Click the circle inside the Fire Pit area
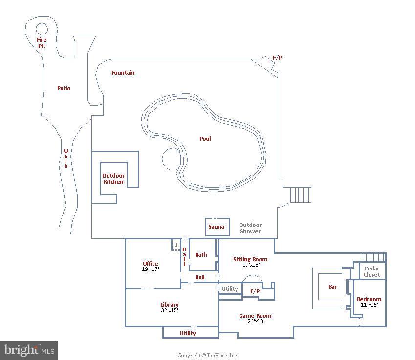coord(42,29)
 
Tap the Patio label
coord(64,88)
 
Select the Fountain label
coord(123,73)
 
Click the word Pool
coord(205,139)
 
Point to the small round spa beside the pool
coord(171,158)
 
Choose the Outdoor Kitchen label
coord(113,179)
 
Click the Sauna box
coord(217,226)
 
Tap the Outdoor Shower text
coord(250,228)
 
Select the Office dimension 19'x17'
coord(151,269)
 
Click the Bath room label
coord(201,255)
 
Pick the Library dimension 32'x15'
coord(170,310)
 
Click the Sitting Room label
coord(250,259)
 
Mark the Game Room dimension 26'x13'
coord(255,322)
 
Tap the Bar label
coord(332,287)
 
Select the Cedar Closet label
coord(371,272)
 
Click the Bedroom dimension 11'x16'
coord(369,305)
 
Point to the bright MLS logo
coord(29,350)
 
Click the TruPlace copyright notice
coord(207,355)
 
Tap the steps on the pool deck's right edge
coord(301,195)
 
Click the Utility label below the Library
coord(188,333)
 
